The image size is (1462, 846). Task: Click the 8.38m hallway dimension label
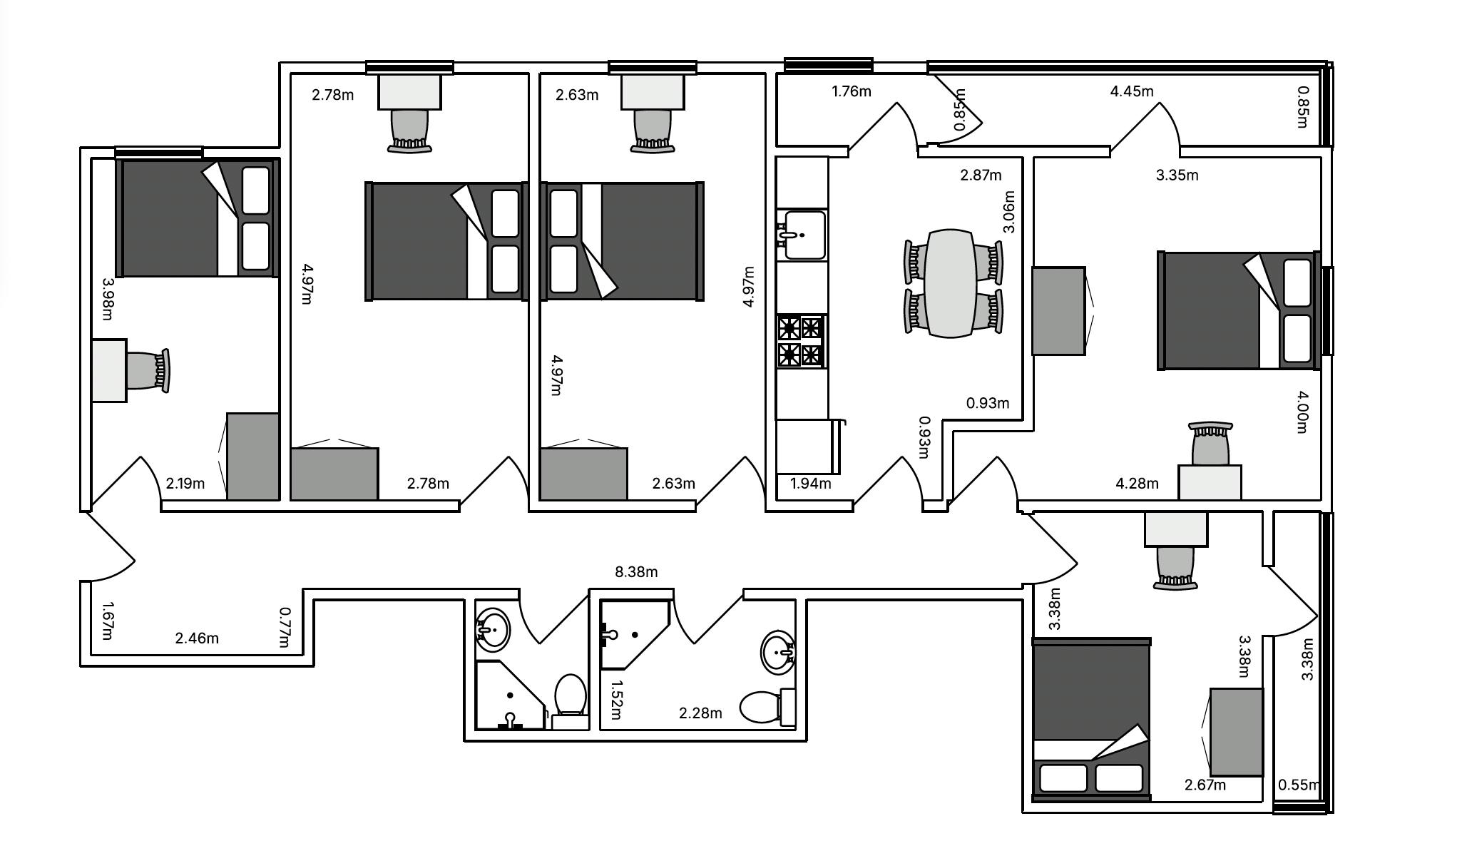(636, 572)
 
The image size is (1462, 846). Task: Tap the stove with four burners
(801, 341)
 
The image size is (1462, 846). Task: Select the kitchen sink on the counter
(803, 235)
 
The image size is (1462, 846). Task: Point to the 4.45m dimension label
(1132, 91)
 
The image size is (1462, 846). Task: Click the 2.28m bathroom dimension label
(700, 713)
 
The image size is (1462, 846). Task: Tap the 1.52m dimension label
(616, 700)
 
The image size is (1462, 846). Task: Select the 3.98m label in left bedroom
(108, 299)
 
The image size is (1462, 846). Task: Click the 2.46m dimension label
(197, 638)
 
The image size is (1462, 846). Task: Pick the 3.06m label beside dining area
(1008, 213)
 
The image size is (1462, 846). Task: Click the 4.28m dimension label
(1137, 484)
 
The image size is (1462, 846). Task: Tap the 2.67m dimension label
(1205, 785)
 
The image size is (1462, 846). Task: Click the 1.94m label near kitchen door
(811, 484)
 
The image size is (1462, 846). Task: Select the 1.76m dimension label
(852, 91)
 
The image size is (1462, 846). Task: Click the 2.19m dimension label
(185, 484)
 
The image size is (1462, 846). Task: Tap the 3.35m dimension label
(1177, 175)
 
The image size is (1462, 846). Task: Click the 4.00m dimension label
(1302, 412)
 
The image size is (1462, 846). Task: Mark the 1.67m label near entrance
(108, 621)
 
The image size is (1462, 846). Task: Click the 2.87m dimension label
(981, 175)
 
